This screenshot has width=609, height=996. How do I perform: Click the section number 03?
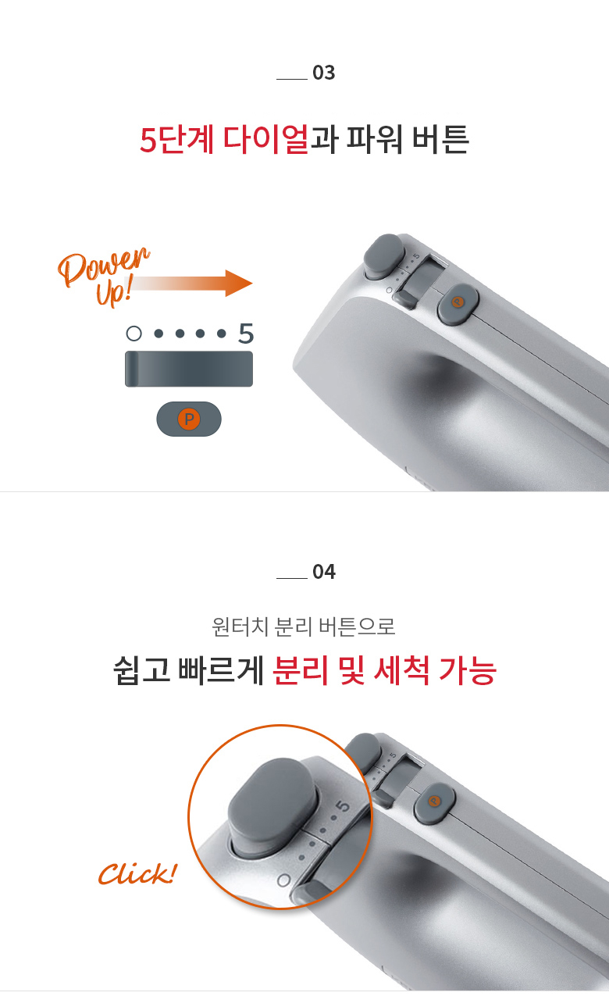[323, 73]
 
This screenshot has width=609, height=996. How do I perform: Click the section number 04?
[323, 572]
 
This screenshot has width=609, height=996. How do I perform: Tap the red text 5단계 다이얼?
[224, 140]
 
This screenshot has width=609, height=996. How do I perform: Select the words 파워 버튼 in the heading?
[408, 140]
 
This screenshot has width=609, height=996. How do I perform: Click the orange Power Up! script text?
[104, 276]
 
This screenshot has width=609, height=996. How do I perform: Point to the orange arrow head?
[239, 283]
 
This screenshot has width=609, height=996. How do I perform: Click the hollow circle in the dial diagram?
[134, 334]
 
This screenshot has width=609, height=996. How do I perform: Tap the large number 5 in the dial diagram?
[246, 334]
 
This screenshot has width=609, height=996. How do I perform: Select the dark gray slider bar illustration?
[189, 369]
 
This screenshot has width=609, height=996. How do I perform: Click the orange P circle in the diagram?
[189, 419]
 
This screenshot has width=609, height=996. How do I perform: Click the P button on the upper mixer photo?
[458, 304]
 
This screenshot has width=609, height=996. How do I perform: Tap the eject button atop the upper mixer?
[384, 256]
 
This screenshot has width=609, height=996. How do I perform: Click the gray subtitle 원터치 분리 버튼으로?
[304, 627]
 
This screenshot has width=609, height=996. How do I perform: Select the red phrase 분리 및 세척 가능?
[384, 670]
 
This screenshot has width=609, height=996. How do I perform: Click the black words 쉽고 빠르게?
[188, 670]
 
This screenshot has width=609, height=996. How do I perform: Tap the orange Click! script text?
[137, 873]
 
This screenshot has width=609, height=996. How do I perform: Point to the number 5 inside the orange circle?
[343, 806]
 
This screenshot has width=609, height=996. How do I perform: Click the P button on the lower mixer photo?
[435, 801]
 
